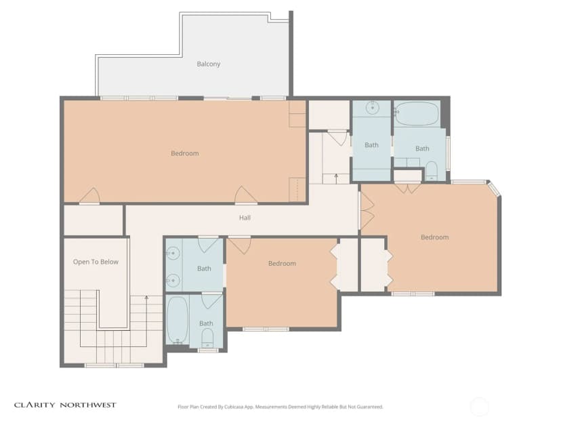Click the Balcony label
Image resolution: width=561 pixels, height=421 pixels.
pyautogui.click(x=208, y=64)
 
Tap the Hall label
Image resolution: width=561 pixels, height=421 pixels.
pyautogui.click(x=245, y=218)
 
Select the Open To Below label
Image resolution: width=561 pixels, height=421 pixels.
pyautogui.click(x=96, y=262)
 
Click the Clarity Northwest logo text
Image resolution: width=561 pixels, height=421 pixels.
pyautogui.click(x=65, y=405)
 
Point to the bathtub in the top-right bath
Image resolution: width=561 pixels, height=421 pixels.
pyautogui.click(x=417, y=114)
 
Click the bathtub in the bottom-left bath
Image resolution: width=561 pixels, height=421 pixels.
pyautogui.click(x=178, y=320)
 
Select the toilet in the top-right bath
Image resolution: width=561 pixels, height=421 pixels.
pyautogui.click(x=432, y=171)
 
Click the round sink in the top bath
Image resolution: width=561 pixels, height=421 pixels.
pyautogui.click(x=373, y=107)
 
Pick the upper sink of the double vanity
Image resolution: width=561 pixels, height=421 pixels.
pyautogui.click(x=173, y=254)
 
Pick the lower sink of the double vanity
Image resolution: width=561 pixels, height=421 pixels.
pyautogui.click(x=173, y=281)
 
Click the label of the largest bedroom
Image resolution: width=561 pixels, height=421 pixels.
pyautogui.click(x=184, y=154)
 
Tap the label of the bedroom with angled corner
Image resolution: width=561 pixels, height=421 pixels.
pyautogui.click(x=434, y=237)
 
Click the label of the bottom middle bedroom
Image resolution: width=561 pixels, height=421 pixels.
pyautogui.click(x=282, y=264)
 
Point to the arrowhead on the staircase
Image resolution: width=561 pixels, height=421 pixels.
pyautogui.click(x=146, y=298)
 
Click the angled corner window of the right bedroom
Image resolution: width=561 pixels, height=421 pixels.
pyautogui.click(x=494, y=189)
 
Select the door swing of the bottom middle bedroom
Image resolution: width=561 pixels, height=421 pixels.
pyautogui.click(x=240, y=246)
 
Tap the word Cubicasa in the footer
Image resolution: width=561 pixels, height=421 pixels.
pyautogui.click(x=234, y=407)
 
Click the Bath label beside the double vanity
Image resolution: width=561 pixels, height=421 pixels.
pyautogui.click(x=204, y=269)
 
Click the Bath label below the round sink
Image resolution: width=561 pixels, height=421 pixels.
pyautogui.click(x=371, y=145)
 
